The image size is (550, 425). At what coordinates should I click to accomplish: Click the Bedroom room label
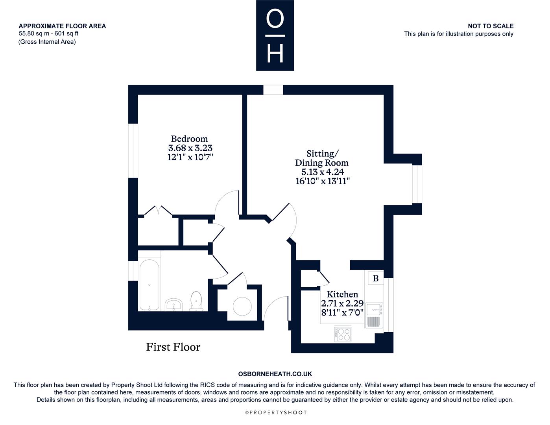(189, 139)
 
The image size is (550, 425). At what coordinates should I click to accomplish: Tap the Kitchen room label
(342, 294)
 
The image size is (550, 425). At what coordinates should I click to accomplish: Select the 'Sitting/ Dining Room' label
(322, 158)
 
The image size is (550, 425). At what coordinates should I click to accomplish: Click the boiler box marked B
(376, 278)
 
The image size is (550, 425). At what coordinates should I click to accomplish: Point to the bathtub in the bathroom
(149, 285)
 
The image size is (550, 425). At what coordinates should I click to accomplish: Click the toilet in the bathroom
(196, 301)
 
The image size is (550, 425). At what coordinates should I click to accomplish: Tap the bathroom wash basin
(173, 305)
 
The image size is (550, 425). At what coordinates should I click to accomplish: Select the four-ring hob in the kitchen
(343, 334)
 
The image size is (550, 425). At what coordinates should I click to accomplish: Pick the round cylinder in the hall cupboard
(242, 306)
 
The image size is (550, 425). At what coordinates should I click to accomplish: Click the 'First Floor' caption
(173, 347)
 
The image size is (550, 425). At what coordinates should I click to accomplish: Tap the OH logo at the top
(275, 35)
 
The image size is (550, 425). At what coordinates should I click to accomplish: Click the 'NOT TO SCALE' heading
(491, 26)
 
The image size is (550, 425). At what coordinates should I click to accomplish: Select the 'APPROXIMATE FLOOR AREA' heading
(62, 26)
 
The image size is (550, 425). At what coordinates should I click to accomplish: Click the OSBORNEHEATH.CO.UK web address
(275, 374)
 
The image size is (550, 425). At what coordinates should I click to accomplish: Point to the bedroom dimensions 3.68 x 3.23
(190, 148)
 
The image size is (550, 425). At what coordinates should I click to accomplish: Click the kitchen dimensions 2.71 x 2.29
(342, 303)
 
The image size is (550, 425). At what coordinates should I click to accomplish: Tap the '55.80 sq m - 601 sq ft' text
(49, 33)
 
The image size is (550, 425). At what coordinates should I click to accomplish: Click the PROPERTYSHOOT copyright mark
(276, 412)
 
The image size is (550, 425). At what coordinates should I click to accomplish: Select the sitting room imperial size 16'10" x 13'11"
(323, 181)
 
